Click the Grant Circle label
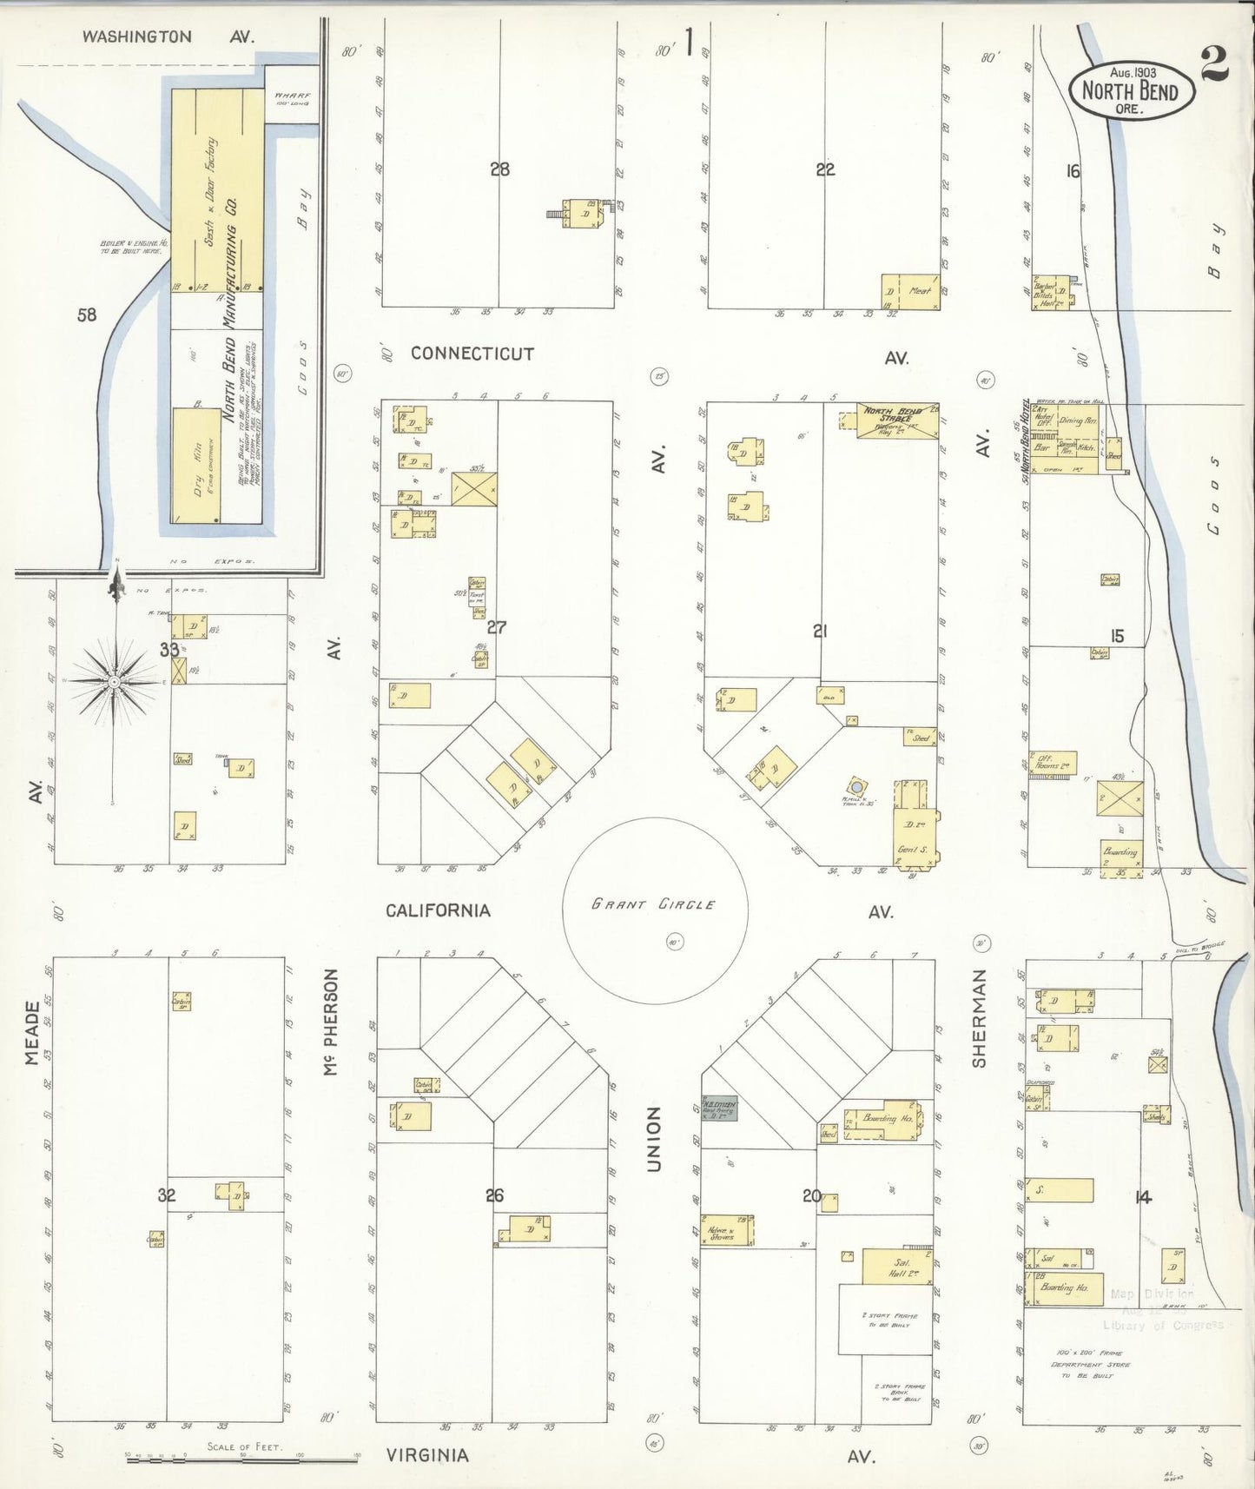tap(653, 904)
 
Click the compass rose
tap(114, 683)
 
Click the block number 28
tap(499, 169)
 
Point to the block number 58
tap(87, 315)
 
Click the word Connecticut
tap(472, 354)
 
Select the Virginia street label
tap(427, 1455)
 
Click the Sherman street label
tap(980, 1017)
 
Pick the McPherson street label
tap(330, 1022)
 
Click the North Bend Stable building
tap(897, 420)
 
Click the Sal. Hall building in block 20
tap(897, 1267)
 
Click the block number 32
tap(167, 1195)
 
